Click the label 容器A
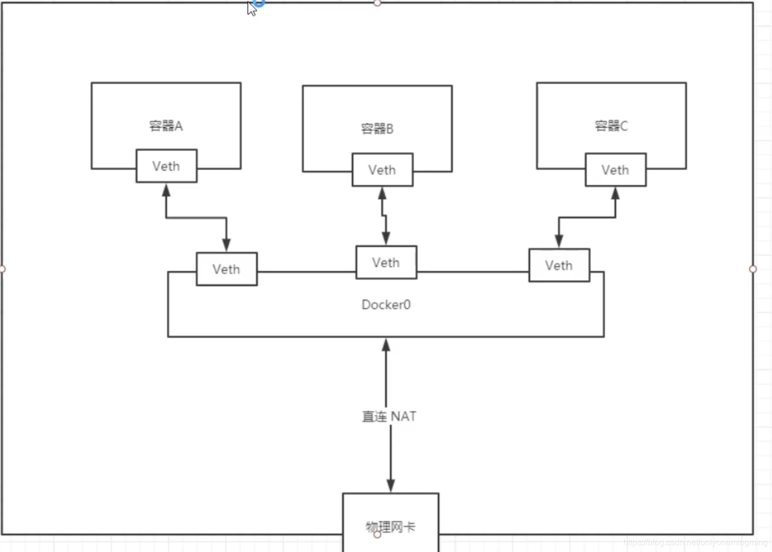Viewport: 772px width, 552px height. [x=166, y=126]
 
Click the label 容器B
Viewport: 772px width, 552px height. [x=377, y=128]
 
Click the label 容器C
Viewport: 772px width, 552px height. [x=611, y=126]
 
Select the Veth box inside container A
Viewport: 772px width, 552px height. [x=166, y=166]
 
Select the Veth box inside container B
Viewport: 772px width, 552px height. [x=382, y=170]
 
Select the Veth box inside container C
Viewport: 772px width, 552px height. [x=615, y=170]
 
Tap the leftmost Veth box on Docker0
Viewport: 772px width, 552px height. [x=226, y=269]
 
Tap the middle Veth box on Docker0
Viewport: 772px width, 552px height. [x=386, y=262]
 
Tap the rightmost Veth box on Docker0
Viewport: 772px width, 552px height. [x=559, y=265]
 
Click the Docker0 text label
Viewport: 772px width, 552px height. [x=386, y=305]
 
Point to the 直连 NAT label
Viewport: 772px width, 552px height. [x=389, y=417]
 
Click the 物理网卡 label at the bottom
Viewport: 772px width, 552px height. [x=390, y=527]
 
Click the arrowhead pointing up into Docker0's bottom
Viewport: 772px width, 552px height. [x=386, y=346]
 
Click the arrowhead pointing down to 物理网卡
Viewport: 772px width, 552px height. [x=390, y=485]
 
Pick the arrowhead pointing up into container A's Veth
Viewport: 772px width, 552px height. [x=166, y=191]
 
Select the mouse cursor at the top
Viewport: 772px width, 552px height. [x=251, y=8]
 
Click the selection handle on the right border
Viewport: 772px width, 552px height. [x=752, y=269]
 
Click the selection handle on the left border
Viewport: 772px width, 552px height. [x=2, y=269]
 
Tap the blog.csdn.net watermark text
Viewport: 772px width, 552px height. [x=695, y=542]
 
